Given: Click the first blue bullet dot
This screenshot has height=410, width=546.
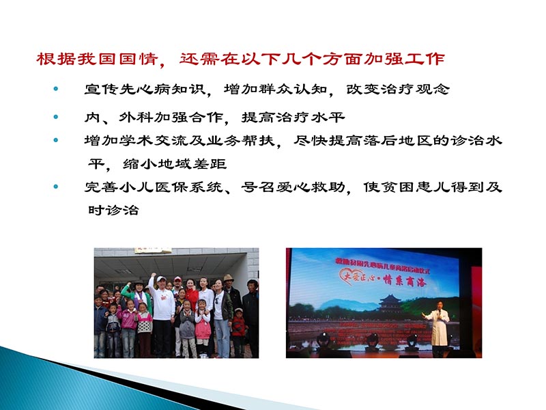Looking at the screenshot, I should coord(56,90).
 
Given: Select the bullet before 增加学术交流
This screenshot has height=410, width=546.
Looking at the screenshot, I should coord(56,139).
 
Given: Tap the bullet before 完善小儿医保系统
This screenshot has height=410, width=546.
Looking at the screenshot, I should coord(56,187).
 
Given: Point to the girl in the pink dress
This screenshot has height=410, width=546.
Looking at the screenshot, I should coord(203,328).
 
